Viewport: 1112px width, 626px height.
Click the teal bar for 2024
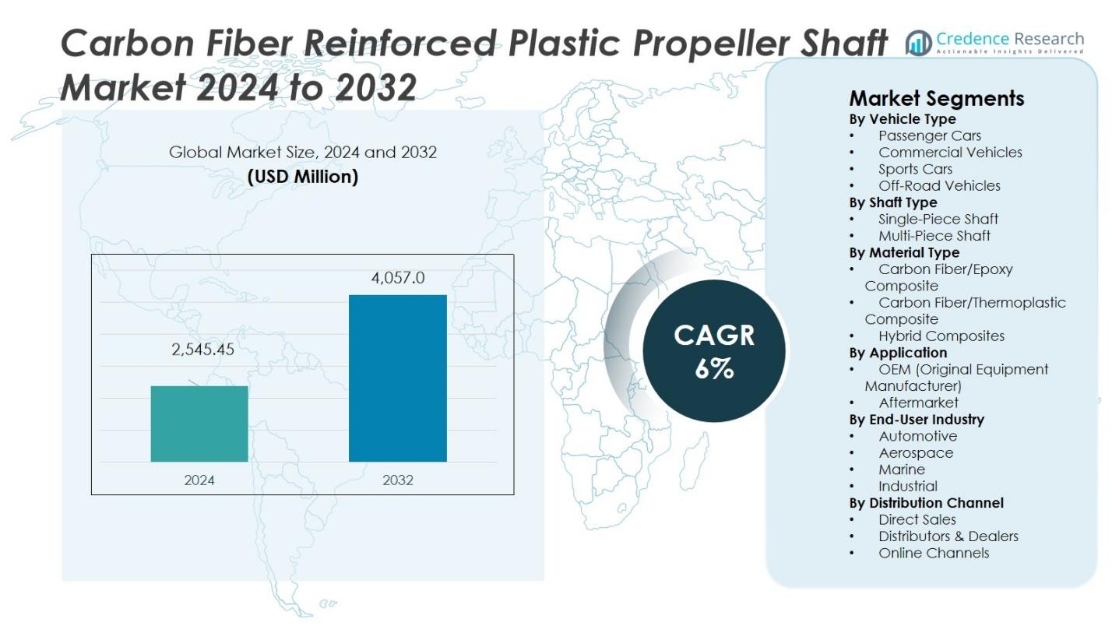tap(199, 424)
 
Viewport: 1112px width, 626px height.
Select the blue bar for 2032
tap(397, 378)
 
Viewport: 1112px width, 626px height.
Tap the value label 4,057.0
tap(397, 278)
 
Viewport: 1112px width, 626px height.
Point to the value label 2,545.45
tap(202, 350)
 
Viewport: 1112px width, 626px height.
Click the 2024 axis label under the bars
tap(199, 480)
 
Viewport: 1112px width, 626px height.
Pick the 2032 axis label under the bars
tap(397, 480)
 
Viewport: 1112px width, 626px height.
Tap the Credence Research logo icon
tap(919, 44)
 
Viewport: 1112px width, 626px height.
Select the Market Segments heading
tap(936, 99)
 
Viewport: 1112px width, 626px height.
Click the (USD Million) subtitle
tap(302, 177)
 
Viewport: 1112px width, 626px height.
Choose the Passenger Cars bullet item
tap(930, 135)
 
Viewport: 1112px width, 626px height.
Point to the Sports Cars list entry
tap(915, 169)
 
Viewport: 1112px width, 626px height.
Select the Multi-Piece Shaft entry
tap(934, 236)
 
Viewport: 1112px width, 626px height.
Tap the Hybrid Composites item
tap(941, 336)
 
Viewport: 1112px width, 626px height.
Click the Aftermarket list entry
tap(918, 403)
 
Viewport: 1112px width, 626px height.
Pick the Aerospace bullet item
tap(916, 453)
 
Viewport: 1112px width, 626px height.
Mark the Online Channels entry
tap(934, 553)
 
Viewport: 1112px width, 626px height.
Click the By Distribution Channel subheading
tap(926, 503)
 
